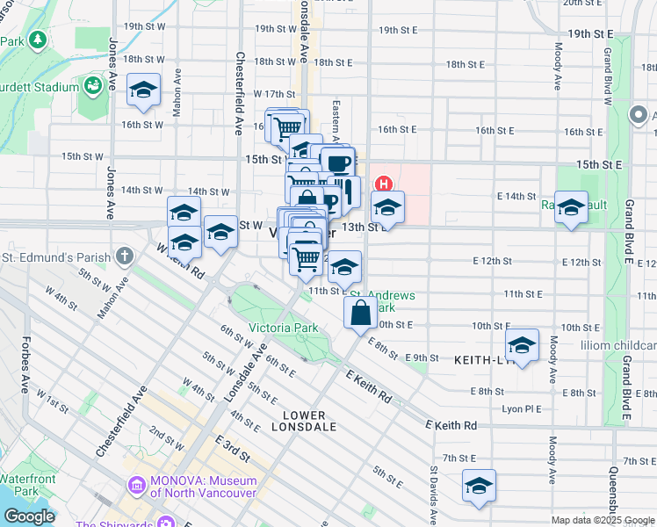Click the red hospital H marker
point(384,184)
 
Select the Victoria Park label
point(283,328)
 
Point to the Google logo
point(29,516)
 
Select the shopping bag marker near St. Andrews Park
point(361,313)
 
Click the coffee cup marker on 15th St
point(337,162)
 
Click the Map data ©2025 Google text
point(603,520)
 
